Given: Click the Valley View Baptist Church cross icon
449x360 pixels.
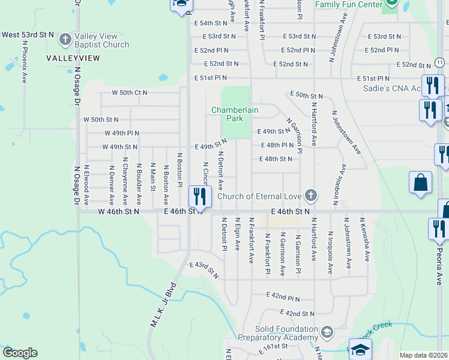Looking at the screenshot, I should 65,40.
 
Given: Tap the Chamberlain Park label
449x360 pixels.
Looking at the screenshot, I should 227,114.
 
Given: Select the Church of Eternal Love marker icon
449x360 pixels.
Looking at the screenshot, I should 310,196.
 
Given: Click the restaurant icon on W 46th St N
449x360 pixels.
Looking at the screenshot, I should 199,196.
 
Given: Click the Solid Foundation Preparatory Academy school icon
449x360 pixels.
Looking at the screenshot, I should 327,332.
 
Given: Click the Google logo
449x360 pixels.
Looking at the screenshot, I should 20,353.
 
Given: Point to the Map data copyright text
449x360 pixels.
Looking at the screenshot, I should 423,355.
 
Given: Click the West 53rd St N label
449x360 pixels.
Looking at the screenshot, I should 28,35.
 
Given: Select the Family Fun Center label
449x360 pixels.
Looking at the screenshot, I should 349,5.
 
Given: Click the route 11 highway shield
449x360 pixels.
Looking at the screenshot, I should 440,62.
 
